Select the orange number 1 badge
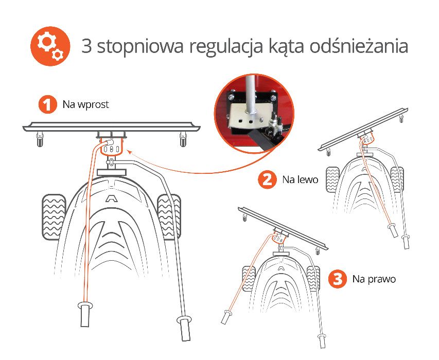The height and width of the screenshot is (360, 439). [x=47, y=105]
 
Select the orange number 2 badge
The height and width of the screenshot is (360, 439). [x=267, y=180]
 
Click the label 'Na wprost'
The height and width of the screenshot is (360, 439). [x=85, y=105]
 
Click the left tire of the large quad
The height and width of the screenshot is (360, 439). [x=52, y=215]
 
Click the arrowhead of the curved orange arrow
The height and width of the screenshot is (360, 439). [x=129, y=150]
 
